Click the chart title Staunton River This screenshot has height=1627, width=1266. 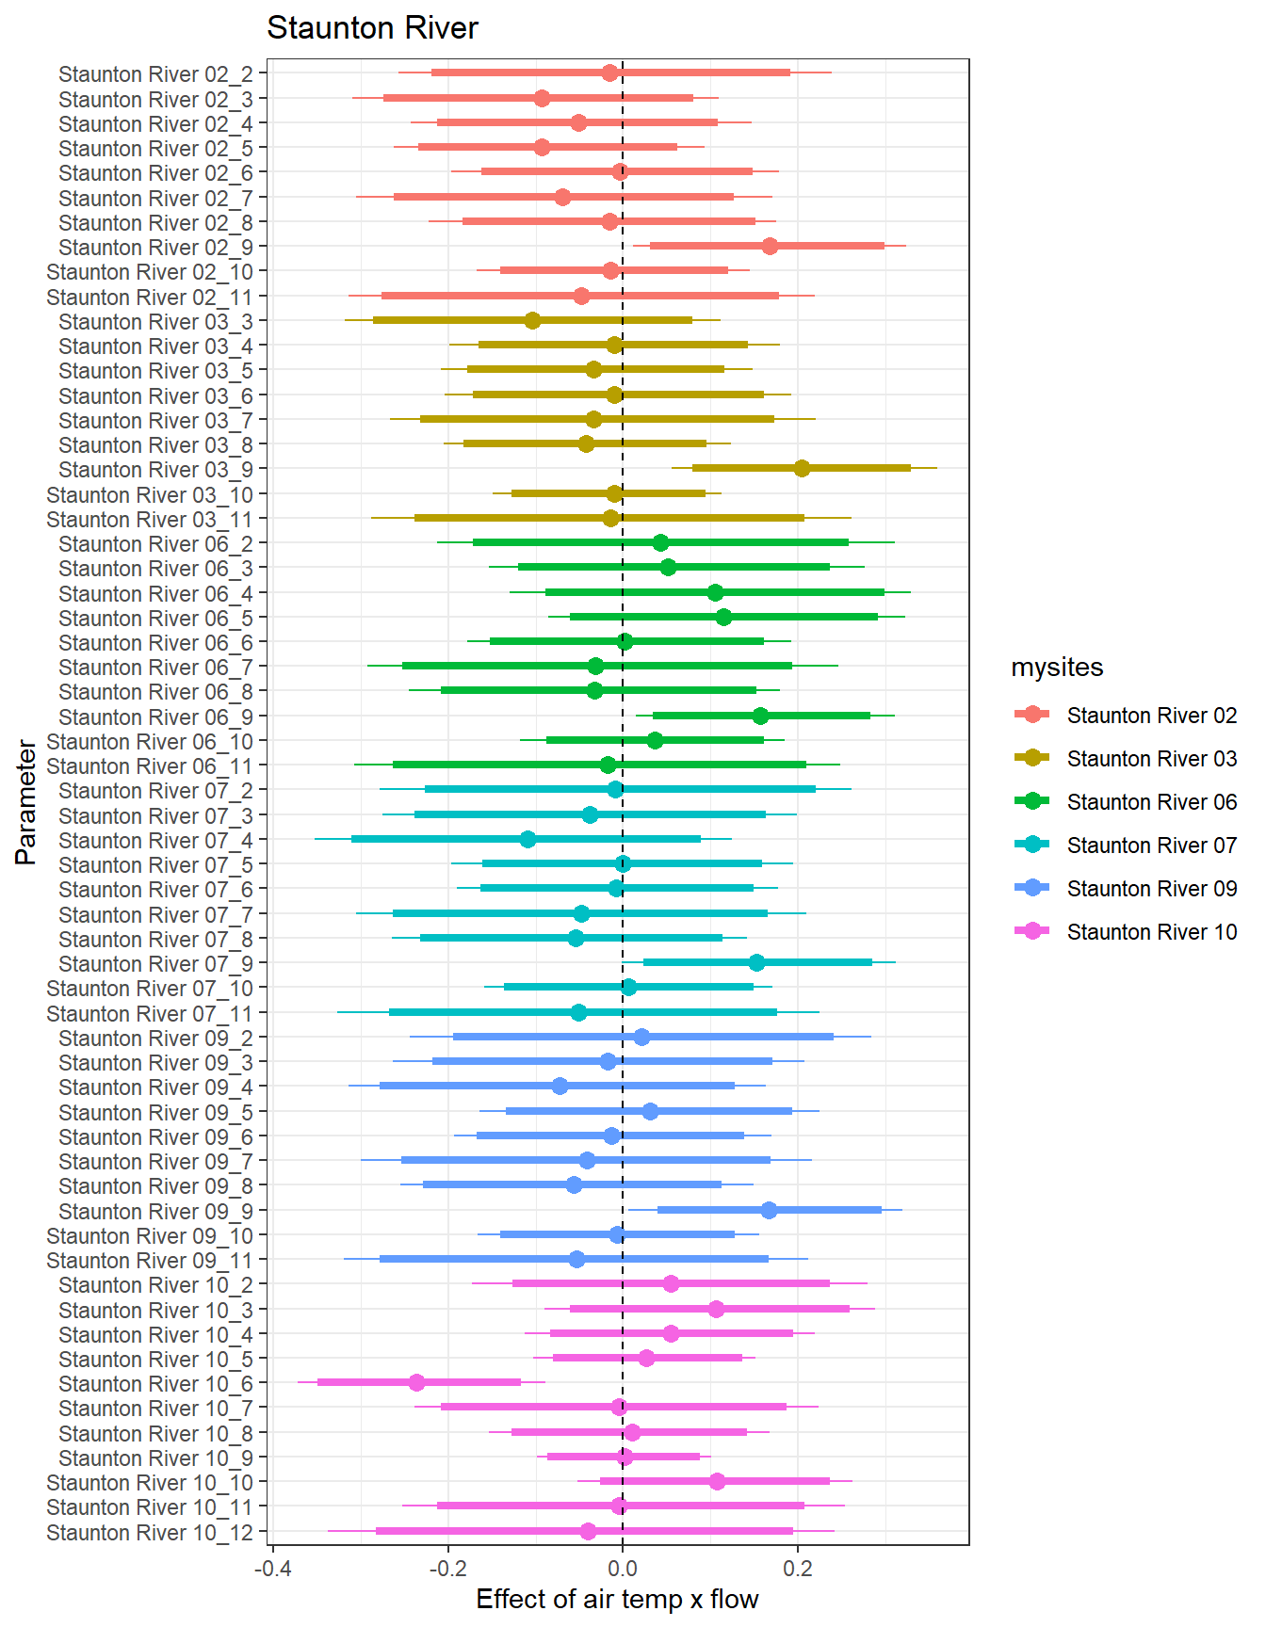372,28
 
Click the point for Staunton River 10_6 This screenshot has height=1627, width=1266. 416,1382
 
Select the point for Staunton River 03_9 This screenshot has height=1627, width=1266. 802,468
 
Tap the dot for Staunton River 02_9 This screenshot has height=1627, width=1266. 770,246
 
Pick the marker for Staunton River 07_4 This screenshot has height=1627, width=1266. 527,839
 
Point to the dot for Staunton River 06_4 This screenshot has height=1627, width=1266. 715,592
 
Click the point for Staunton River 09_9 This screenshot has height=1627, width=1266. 769,1210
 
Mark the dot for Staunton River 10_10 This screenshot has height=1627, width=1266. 717,1481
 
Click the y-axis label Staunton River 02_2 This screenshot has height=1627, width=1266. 155,74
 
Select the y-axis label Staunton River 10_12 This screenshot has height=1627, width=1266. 150,1532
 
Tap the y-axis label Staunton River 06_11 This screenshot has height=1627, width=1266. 150,766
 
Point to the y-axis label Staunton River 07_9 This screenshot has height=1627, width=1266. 155,964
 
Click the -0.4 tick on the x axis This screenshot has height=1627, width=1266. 272,1569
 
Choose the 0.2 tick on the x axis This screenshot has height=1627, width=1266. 798,1569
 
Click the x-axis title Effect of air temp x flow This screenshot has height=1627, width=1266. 617,1599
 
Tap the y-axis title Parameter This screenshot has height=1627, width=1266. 26,802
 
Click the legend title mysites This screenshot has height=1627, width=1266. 1057,668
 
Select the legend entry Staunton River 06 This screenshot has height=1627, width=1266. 1151,802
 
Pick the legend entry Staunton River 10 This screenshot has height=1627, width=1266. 1151,932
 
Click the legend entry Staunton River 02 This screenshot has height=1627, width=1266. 1151,716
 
